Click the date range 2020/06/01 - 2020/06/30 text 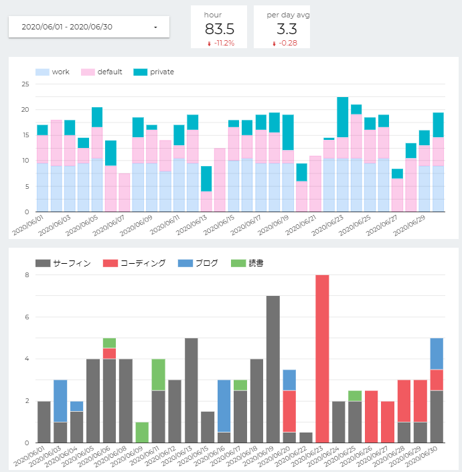[67, 27]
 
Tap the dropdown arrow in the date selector [155, 27]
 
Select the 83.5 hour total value [220, 29]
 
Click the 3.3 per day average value [287, 29]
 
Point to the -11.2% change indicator [221, 44]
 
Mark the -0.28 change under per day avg [285, 44]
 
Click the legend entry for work [52, 72]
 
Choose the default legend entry [101, 72]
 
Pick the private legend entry [154, 72]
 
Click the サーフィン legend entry [63, 263]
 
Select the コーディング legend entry [134, 263]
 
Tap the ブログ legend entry [198, 263]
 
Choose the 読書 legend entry [247, 263]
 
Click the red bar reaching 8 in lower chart [322, 359]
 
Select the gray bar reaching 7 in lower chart [273, 370]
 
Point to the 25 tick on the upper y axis [25, 84]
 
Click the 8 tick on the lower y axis [27, 275]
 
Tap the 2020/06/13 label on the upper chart [191, 226]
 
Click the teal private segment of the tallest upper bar [343, 117]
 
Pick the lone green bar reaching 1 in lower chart [142, 432]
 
